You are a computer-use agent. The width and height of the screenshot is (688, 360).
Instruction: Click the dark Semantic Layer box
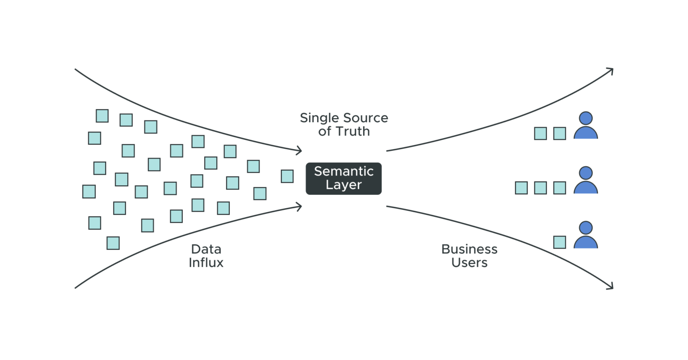344,178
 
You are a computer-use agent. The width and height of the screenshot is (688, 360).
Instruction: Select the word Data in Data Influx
206,249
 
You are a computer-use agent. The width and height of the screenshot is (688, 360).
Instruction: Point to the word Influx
206,262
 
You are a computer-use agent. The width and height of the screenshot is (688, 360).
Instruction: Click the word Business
469,249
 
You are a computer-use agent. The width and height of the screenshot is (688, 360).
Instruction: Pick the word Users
469,262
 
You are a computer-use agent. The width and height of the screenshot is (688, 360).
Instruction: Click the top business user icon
585,126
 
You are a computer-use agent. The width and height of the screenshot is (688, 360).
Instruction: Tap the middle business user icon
585,181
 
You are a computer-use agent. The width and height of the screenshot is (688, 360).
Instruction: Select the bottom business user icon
585,236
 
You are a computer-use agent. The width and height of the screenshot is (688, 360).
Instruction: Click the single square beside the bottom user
559,242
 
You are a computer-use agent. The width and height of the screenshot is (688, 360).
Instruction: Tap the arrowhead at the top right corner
611,71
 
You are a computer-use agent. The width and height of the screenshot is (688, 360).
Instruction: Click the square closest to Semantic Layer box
287,176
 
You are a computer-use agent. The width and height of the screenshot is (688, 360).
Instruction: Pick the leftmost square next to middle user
521,188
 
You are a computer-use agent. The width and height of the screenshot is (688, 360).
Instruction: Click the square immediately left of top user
559,133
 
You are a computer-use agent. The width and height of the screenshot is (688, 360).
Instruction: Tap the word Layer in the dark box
344,185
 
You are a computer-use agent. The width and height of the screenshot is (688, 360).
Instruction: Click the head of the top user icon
585,118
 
